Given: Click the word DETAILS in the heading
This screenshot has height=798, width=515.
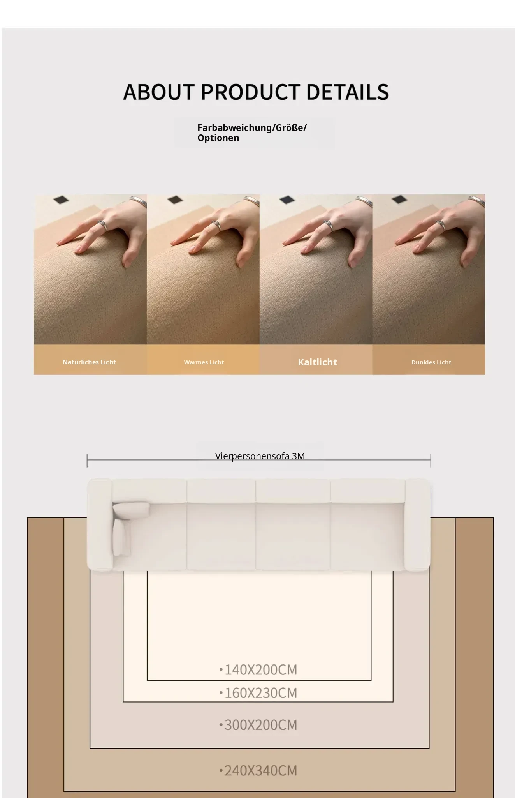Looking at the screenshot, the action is tap(348, 92).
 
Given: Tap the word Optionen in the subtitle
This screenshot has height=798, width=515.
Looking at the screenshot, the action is tap(218, 138).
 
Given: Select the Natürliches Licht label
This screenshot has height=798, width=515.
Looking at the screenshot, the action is tap(89, 362).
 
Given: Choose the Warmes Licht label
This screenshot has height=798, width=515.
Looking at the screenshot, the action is tap(204, 362).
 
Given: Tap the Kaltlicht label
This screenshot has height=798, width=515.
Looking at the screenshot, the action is tap(317, 362).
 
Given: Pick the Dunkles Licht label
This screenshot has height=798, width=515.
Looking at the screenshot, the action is tap(431, 362).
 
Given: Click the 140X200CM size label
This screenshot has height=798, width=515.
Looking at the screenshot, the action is tap(258, 669).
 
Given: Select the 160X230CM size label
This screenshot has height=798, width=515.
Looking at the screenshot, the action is tap(258, 693).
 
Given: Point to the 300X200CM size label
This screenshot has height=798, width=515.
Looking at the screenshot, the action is tap(258, 725).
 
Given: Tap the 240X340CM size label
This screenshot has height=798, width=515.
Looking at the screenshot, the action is tap(258, 770).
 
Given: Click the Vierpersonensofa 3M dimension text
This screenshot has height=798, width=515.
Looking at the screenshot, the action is tap(260, 456).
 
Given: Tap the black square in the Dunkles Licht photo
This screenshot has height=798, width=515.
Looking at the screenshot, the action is tap(399, 199).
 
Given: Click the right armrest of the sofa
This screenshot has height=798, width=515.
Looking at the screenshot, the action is tap(417, 525).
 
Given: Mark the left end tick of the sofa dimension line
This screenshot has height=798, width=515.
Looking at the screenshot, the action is tap(87, 460).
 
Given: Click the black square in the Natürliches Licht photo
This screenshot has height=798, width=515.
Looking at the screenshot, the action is tap(61, 200).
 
